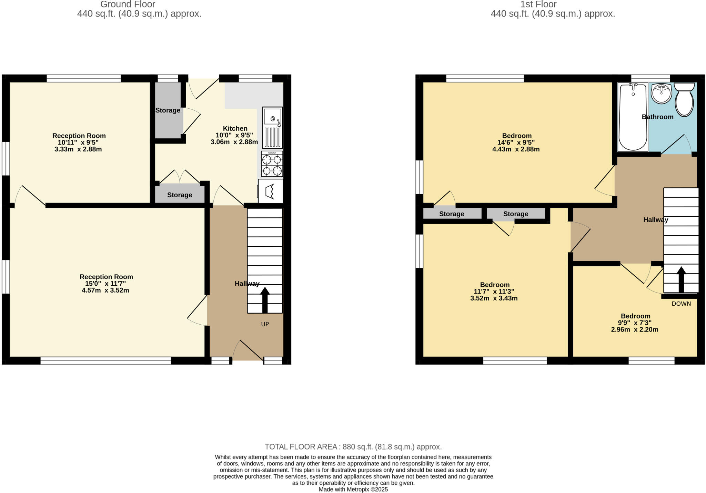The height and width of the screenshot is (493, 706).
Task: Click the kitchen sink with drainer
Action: (x=272, y=128)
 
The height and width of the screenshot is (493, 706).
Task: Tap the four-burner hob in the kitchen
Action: (x=272, y=164)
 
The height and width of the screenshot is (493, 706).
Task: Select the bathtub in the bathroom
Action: (x=633, y=117)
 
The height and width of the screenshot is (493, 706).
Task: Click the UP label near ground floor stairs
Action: (x=265, y=324)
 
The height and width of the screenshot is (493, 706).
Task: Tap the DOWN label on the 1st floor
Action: (x=681, y=304)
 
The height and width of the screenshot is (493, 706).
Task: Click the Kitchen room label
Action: (x=235, y=128)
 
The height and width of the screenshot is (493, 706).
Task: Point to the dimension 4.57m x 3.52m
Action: (x=105, y=290)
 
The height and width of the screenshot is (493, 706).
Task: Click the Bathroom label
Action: (x=657, y=117)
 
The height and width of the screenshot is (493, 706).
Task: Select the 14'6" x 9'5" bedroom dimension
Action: (x=516, y=142)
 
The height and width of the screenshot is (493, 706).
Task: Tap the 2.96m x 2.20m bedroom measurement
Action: (x=635, y=329)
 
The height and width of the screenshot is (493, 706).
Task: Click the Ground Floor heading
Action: (x=128, y=4)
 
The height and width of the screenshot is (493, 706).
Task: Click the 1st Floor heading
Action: (x=538, y=4)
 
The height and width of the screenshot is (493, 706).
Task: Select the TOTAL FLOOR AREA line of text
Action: (x=353, y=447)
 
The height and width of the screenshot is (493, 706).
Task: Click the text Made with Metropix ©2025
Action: (x=353, y=489)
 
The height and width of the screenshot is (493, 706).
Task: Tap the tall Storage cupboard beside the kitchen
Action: (x=168, y=110)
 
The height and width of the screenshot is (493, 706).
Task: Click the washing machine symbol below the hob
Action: (x=271, y=191)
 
